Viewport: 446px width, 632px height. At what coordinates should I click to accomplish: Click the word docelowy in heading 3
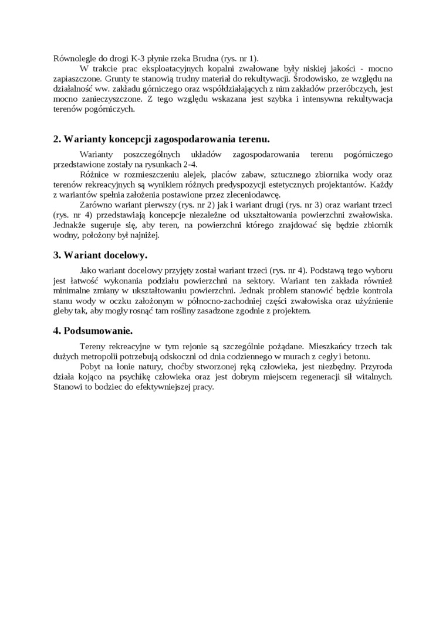pos(124,255)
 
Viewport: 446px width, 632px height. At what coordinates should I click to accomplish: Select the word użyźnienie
pos(370,300)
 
